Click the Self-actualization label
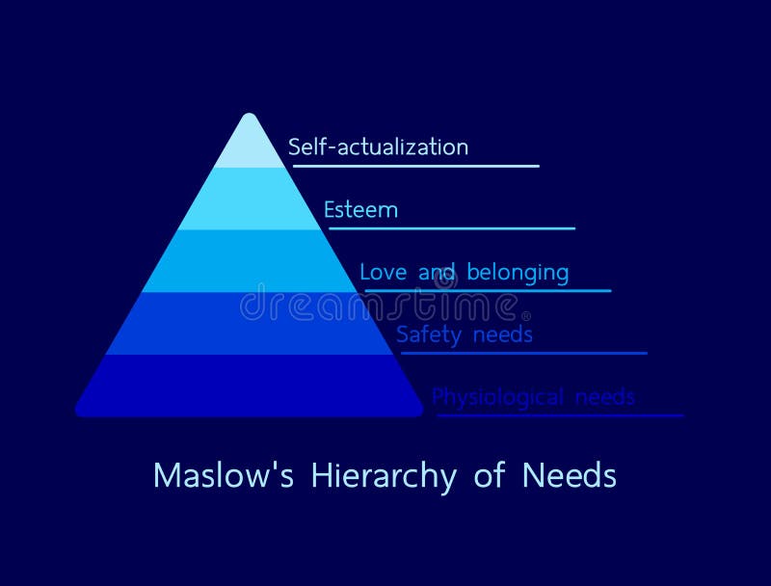378,147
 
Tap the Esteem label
360,210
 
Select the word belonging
518,273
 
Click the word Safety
427,335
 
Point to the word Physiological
496,397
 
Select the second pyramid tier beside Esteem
250,200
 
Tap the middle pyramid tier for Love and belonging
250,261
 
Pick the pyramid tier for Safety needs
250,324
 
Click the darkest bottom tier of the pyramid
250,386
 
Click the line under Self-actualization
416,166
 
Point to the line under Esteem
452,228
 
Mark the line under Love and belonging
488,290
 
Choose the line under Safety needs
523,353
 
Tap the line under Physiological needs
560,415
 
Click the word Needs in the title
570,476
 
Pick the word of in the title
490,476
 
